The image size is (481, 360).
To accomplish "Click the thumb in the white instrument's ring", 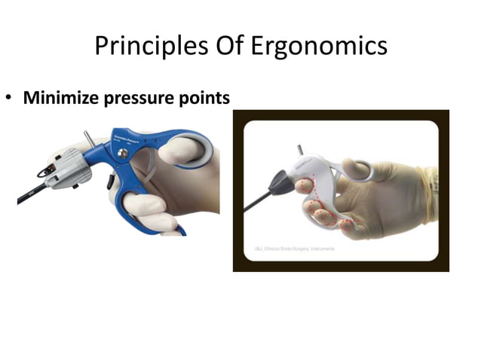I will coord(360,170).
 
